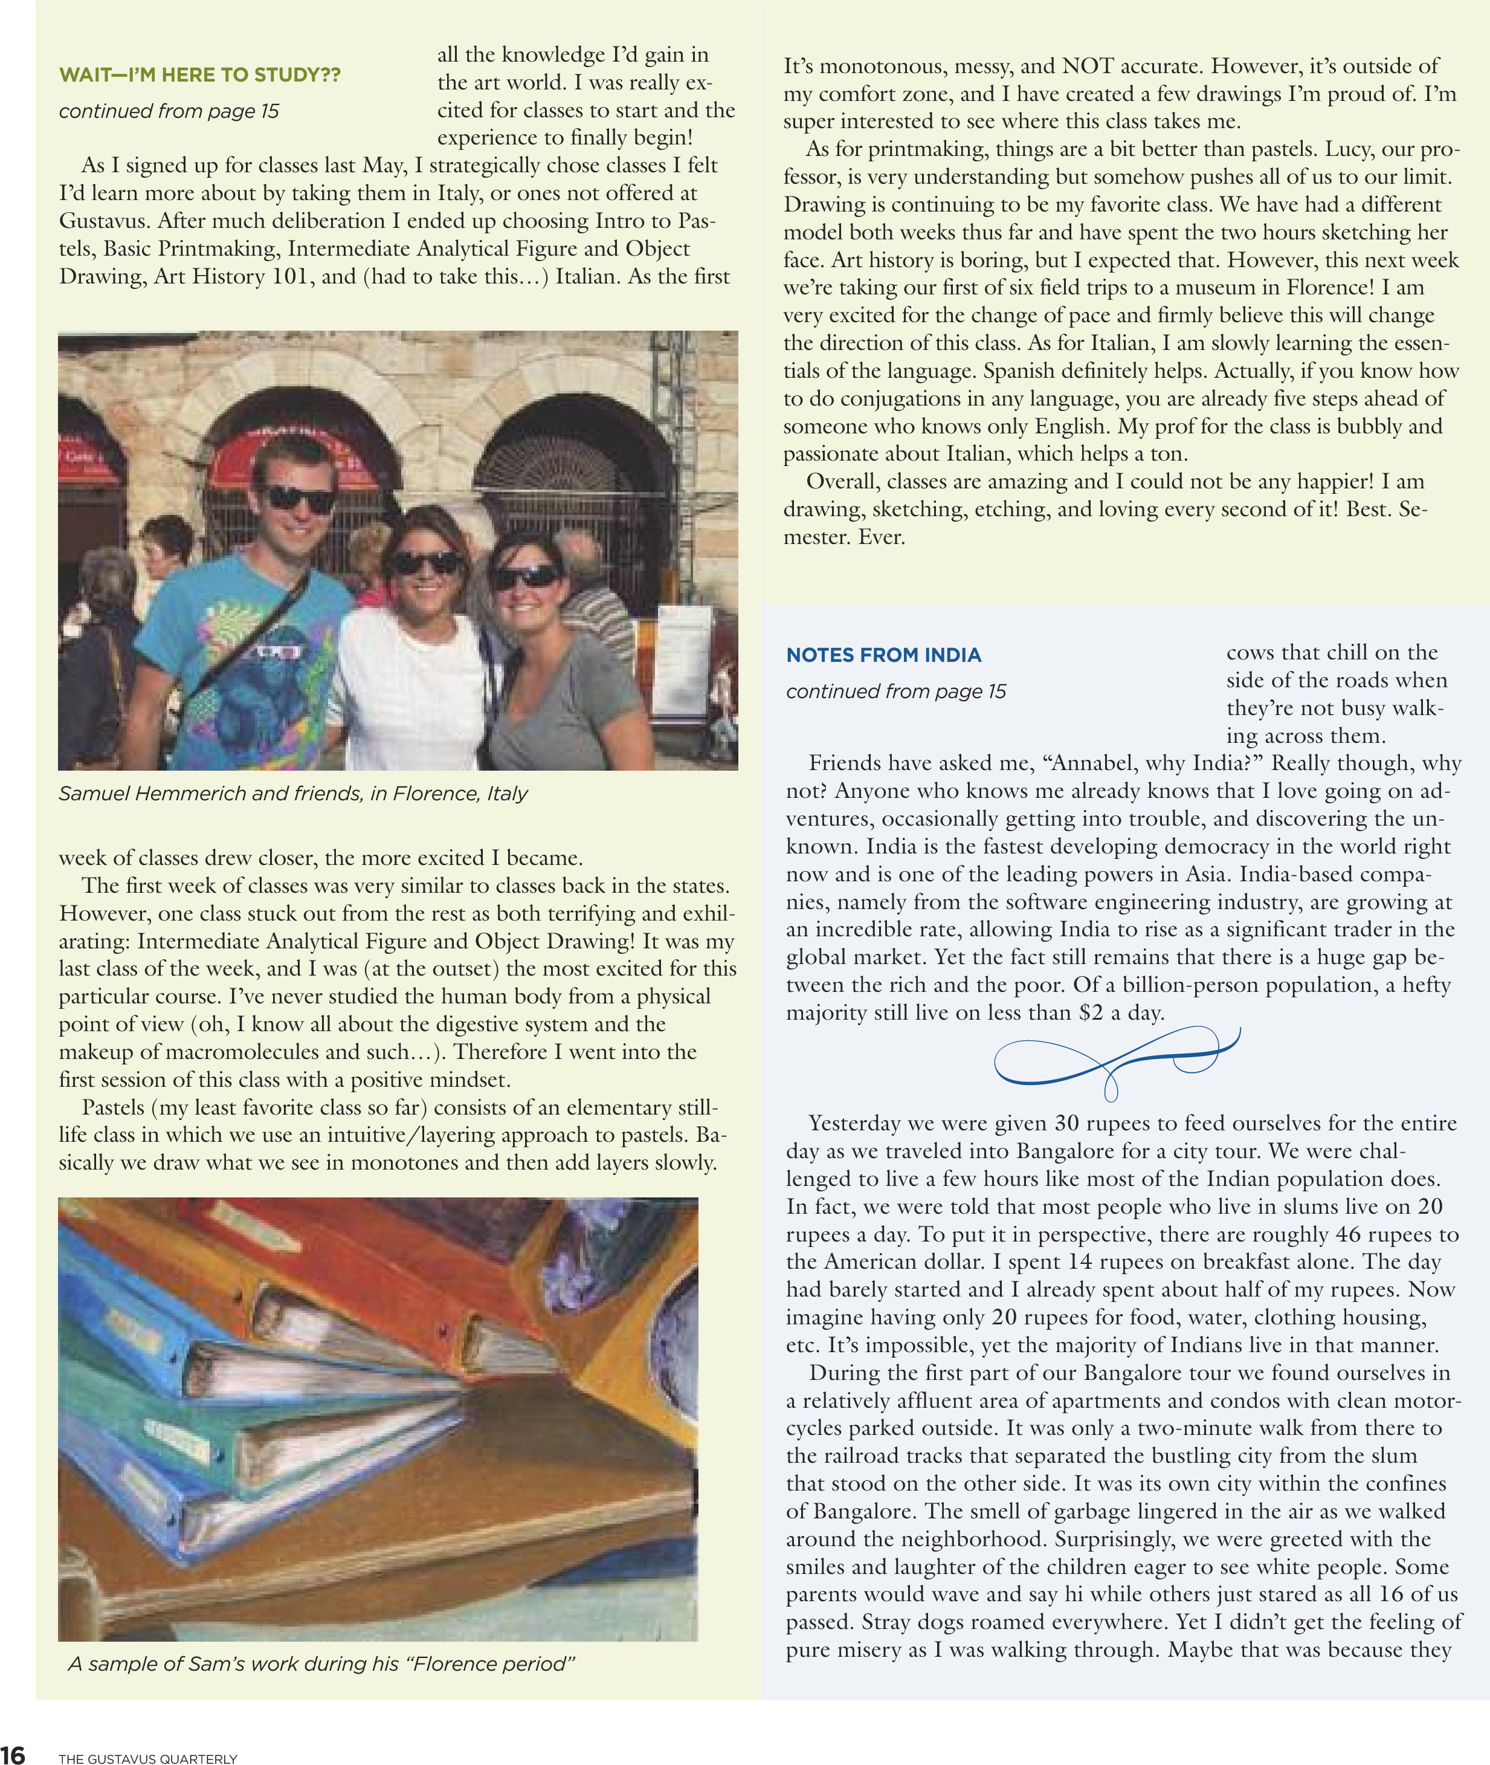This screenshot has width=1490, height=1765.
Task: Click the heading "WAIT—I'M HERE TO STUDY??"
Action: pyautogui.click(x=199, y=74)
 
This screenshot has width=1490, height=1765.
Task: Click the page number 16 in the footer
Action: pyautogui.click(x=13, y=1754)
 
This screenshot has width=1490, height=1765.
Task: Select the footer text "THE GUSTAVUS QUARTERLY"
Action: pyautogui.click(x=148, y=1759)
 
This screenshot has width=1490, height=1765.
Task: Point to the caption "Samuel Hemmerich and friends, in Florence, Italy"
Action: pyautogui.click(x=292, y=794)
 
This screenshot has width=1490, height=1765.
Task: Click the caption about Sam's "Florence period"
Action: pyautogui.click(x=321, y=1663)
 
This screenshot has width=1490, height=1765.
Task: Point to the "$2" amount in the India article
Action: pyautogui.click(x=1091, y=1012)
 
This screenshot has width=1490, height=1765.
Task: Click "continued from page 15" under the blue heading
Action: pyautogui.click(x=895, y=691)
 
